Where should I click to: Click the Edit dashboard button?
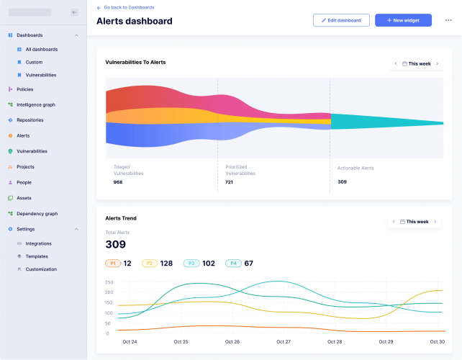pos(341,20)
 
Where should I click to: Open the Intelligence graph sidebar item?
pos(35,104)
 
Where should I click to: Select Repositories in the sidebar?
pos(30,120)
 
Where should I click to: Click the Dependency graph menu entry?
pos(37,213)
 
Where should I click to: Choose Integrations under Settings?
pos(38,243)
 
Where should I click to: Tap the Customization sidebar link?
pos(40,269)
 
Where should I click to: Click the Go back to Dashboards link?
pos(128,7)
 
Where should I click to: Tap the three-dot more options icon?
pos(448,20)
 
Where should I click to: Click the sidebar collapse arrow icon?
pos(74,12)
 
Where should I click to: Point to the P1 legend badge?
pos(113,264)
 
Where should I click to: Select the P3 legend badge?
pos(191,264)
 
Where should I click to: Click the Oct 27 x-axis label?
pos(284,341)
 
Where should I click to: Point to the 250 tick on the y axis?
pos(109,282)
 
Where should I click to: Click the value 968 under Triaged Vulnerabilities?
pos(118,182)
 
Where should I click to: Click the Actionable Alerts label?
pos(355,168)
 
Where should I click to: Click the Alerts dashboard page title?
pos(135,21)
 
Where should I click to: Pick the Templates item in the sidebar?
pos(37,256)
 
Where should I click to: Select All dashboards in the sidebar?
pos(41,50)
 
